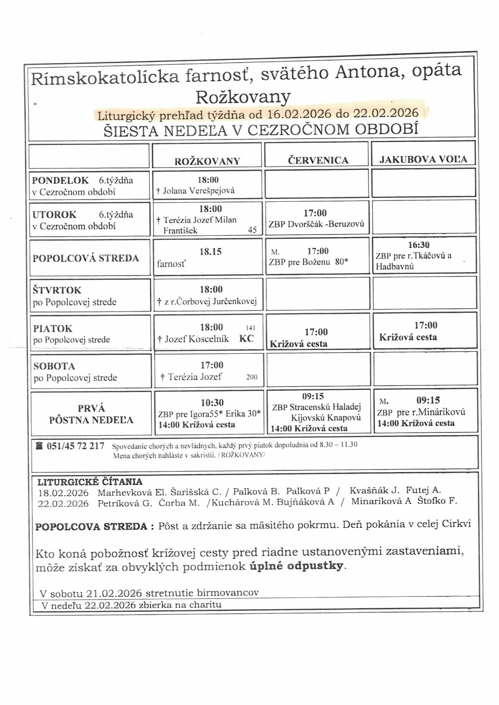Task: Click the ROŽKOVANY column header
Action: pos(207,161)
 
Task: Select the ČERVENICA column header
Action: pos(318,160)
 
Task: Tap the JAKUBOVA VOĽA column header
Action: pos(423,159)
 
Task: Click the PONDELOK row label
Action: pos(60,180)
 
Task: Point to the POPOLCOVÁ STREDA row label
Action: pos(86,258)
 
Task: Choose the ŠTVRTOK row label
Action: pos(57,290)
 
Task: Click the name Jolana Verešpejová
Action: pos(198,191)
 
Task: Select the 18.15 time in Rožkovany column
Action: pos(211,251)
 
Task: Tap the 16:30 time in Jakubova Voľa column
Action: pos(419,245)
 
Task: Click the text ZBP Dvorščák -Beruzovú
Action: pos(316,225)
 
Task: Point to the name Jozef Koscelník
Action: pos(196,339)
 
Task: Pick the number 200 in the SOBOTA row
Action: pos(251,377)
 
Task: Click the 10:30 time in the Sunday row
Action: pos(212,402)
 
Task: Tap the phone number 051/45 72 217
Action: pos(75,446)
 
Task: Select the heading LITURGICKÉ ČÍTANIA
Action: pos(90,482)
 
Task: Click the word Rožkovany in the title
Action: pos(243,96)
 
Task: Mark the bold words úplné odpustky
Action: pos(296,566)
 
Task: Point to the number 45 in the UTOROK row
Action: pos(252,230)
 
